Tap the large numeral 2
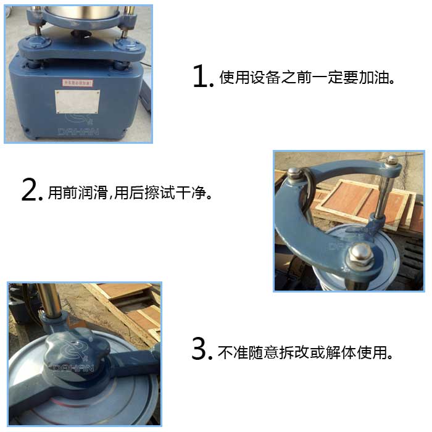click(x=31, y=190)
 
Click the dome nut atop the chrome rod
click(x=391, y=160)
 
